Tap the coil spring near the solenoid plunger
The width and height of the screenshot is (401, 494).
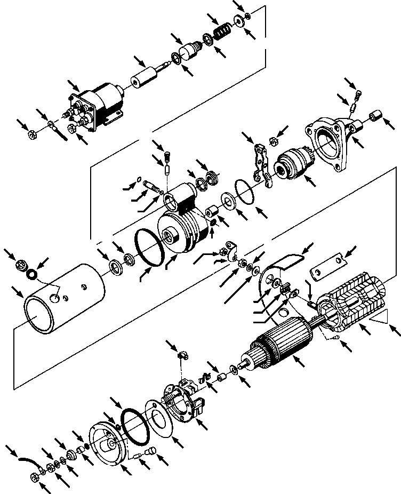coord(221,34)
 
